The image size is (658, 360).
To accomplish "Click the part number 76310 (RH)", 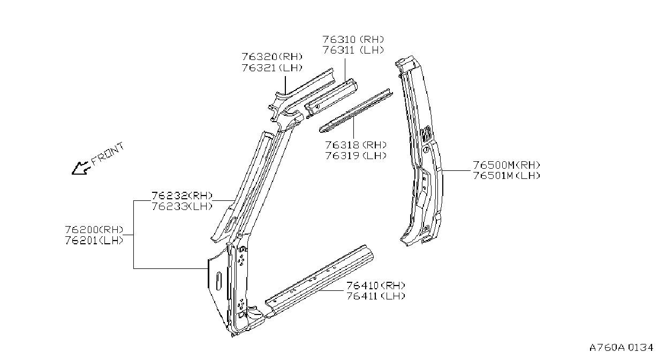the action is click(x=353, y=40).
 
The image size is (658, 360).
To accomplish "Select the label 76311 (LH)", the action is click(x=353, y=50).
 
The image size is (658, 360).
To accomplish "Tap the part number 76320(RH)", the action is click(x=272, y=56).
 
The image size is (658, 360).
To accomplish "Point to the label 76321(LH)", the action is click(x=272, y=68).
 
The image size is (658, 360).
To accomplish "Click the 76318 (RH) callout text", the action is click(x=356, y=145).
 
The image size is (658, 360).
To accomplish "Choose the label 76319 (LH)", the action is click(x=356, y=155).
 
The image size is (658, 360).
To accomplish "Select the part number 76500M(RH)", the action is click(x=506, y=165).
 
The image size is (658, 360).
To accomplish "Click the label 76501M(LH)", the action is click(x=506, y=176).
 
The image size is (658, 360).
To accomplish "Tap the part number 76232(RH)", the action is click(x=182, y=196).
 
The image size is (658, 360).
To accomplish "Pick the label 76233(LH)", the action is click(x=182, y=206).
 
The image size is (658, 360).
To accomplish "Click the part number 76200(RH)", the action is click(x=94, y=229).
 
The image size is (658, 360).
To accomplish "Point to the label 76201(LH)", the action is click(x=94, y=241).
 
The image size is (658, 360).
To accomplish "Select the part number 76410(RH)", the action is click(x=376, y=286).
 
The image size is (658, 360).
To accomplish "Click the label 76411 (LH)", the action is click(x=376, y=296).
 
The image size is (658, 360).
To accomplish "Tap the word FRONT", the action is click(x=108, y=155).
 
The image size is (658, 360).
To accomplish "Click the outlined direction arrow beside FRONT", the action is click(x=80, y=168).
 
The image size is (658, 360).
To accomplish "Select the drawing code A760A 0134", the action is click(x=621, y=348).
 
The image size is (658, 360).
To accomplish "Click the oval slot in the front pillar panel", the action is click(x=219, y=281).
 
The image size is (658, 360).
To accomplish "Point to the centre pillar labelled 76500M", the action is click(x=420, y=150).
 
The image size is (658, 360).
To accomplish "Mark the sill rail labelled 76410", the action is click(x=319, y=282).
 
